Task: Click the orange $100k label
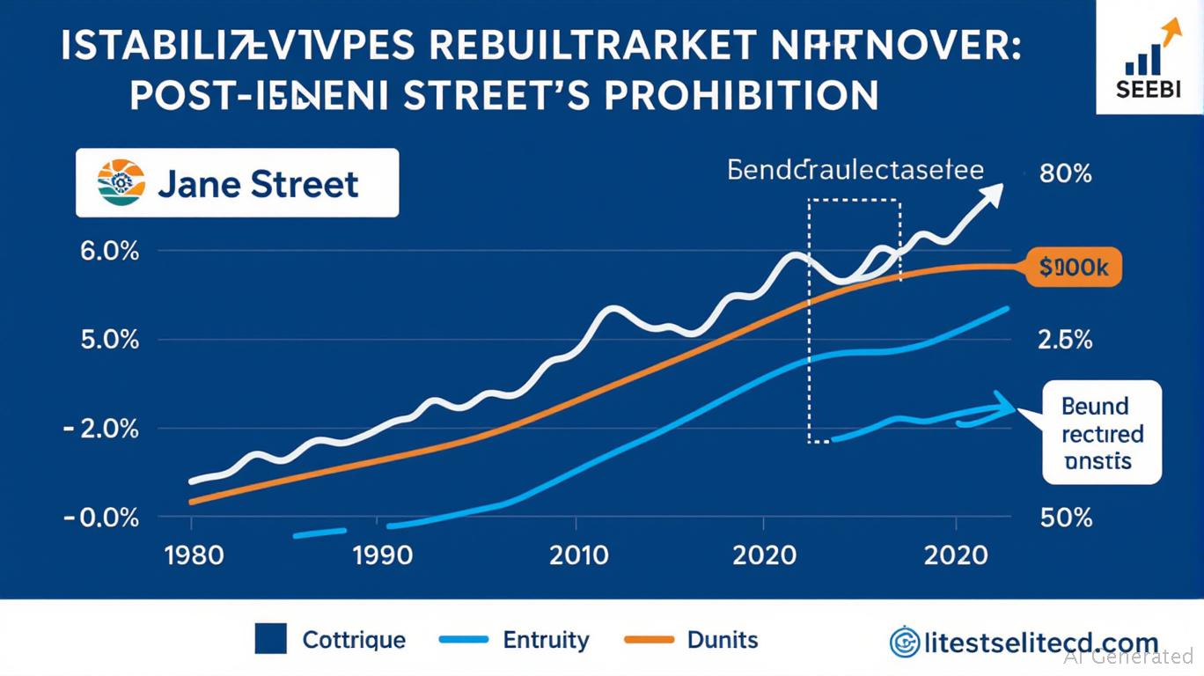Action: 1074,268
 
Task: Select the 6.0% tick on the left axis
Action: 110,251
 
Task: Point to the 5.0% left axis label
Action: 110,340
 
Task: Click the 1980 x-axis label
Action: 194,556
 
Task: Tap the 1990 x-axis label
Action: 382,556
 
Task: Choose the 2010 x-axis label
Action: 578,556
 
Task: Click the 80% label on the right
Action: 1065,173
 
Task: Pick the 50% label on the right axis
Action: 1066,517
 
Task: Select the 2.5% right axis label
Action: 1066,340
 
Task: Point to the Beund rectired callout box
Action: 1101,433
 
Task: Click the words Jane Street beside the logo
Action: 258,184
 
